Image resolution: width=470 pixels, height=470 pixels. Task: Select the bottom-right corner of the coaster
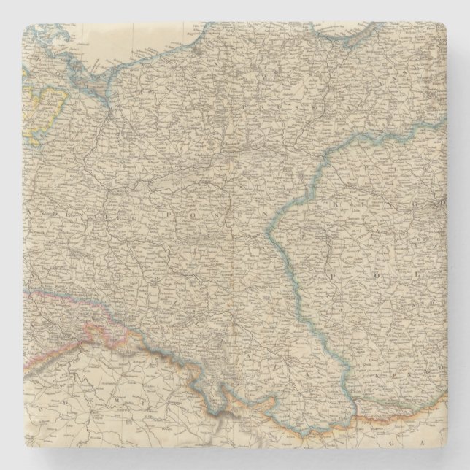click(447, 447)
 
